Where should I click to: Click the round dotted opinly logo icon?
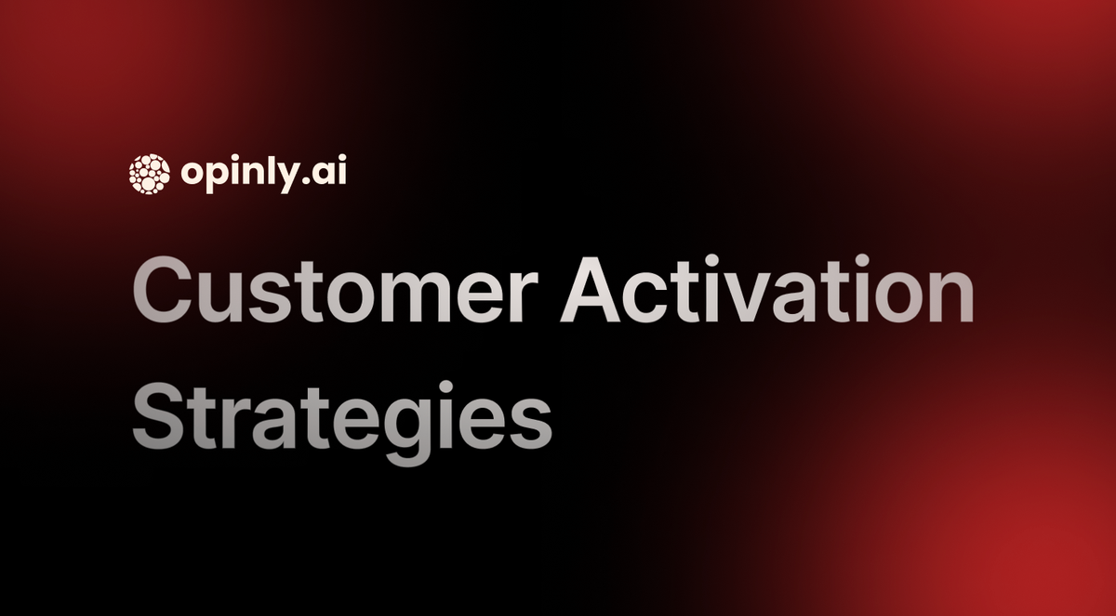point(149,174)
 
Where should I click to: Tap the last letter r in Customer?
point(525,299)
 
